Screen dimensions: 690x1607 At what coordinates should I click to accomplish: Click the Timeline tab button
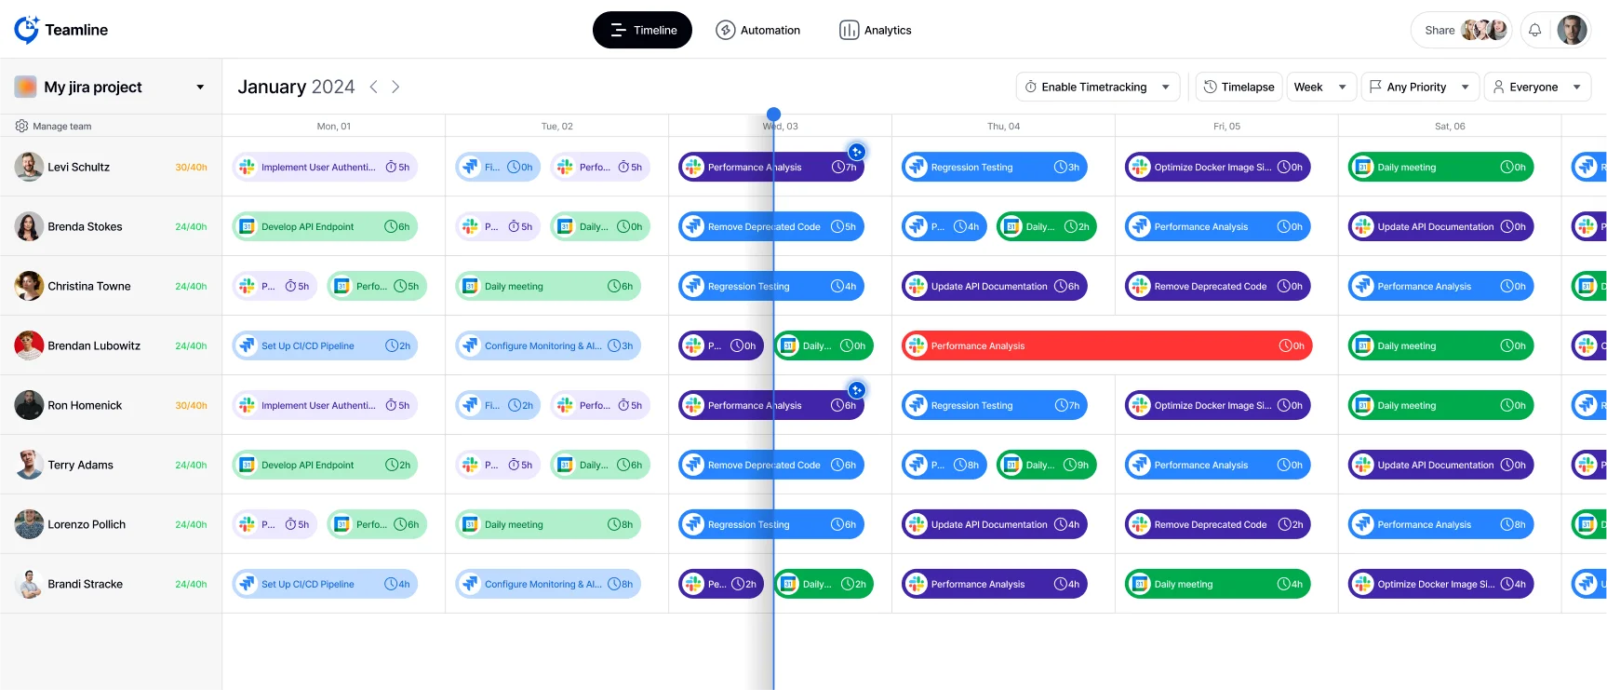642,30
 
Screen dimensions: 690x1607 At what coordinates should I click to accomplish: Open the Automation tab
757,30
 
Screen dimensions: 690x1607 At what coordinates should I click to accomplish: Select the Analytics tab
875,30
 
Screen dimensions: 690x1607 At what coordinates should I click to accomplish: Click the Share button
1439,30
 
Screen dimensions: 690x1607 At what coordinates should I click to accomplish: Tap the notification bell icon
1534,30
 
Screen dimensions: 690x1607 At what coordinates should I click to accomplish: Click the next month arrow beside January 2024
395,87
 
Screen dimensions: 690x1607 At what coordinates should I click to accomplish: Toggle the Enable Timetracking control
1097,87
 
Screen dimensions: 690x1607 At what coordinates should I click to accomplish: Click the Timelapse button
1239,87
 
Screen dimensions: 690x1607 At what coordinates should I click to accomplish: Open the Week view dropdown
1320,87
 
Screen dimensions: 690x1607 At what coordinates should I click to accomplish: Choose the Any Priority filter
1419,87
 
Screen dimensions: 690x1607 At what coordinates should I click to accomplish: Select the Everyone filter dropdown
1536,87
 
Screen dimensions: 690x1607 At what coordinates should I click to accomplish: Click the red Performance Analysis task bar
1105,345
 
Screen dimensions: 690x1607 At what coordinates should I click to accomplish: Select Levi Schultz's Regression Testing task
994,167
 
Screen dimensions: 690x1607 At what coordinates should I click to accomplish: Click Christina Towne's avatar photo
29,286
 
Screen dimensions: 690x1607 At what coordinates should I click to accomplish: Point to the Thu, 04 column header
1003,126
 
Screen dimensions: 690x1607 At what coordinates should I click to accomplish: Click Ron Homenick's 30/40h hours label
191,405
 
